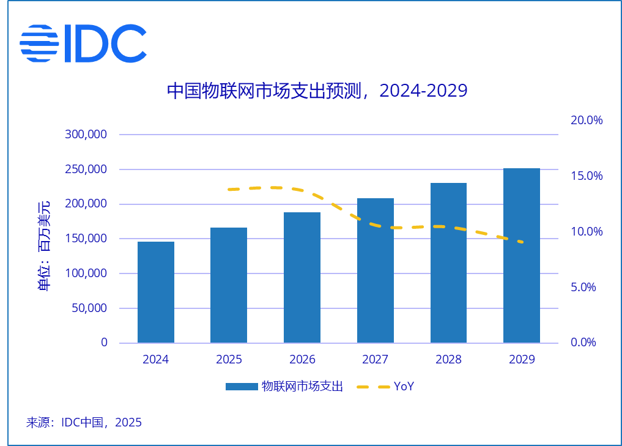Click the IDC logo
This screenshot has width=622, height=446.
click(83, 43)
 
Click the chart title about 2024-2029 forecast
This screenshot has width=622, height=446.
click(317, 91)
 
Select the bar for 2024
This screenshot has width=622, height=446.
click(156, 292)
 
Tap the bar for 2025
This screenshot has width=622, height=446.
click(229, 285)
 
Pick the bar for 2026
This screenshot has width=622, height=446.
click(302, 277)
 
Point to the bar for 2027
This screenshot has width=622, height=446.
click(376, 270)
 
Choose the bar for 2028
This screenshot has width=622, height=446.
click(448, 262)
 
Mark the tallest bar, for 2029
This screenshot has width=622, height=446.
click(522, 255)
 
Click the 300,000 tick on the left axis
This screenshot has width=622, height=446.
click(86, 135)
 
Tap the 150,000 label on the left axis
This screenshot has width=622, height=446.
click(86, 239)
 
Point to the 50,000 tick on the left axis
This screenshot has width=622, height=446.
click(89, 308)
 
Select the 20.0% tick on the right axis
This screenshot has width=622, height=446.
click(587, 120)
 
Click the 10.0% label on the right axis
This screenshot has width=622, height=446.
click(587, 232)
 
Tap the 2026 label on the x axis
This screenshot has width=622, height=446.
click(302, 360)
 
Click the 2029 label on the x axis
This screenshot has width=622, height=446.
click(522, 360)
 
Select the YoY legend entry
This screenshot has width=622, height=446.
click(386, 387)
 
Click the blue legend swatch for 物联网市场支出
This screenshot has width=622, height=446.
click(241, 387)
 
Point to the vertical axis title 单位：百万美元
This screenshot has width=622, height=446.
click(45, 246)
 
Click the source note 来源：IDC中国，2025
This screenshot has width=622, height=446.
click(84, 422)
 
